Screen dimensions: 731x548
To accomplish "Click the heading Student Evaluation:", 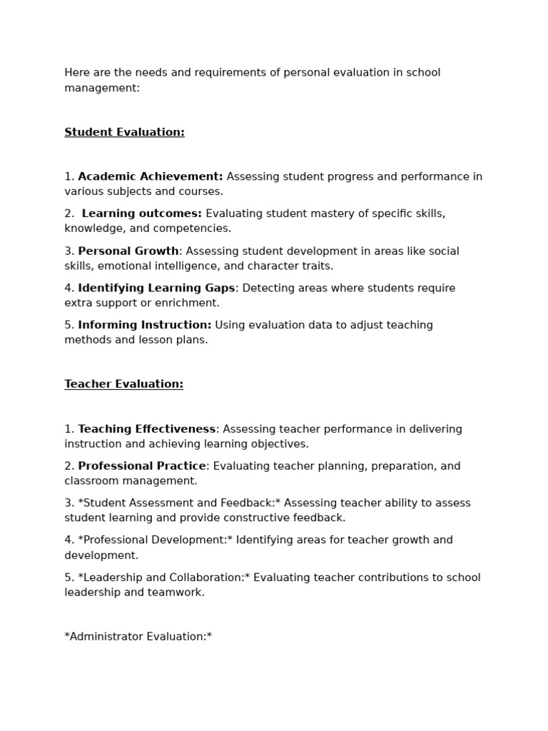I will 124,132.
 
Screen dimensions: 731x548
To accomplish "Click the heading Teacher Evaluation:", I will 123,384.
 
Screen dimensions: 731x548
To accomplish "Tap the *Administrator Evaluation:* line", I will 138,636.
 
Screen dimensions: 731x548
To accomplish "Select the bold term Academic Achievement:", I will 150,176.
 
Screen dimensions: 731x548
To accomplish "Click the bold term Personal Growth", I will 128,251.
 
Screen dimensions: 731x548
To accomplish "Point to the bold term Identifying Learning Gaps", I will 156,288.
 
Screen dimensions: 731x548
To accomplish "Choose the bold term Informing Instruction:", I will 144,325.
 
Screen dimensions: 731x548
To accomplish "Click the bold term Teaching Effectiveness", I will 146,429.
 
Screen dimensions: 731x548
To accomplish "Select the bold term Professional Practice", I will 142,466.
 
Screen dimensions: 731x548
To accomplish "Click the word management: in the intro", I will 102,88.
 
